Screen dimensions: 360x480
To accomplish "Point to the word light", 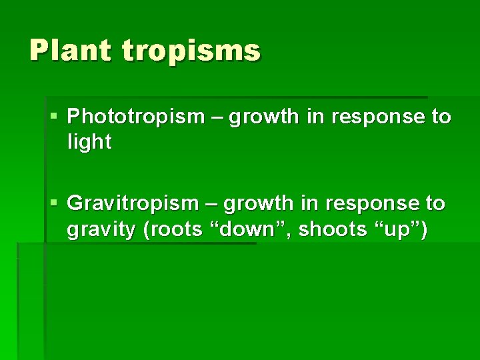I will [x=89, y=141].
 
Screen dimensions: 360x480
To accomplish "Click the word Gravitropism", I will [x=133, y=203].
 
